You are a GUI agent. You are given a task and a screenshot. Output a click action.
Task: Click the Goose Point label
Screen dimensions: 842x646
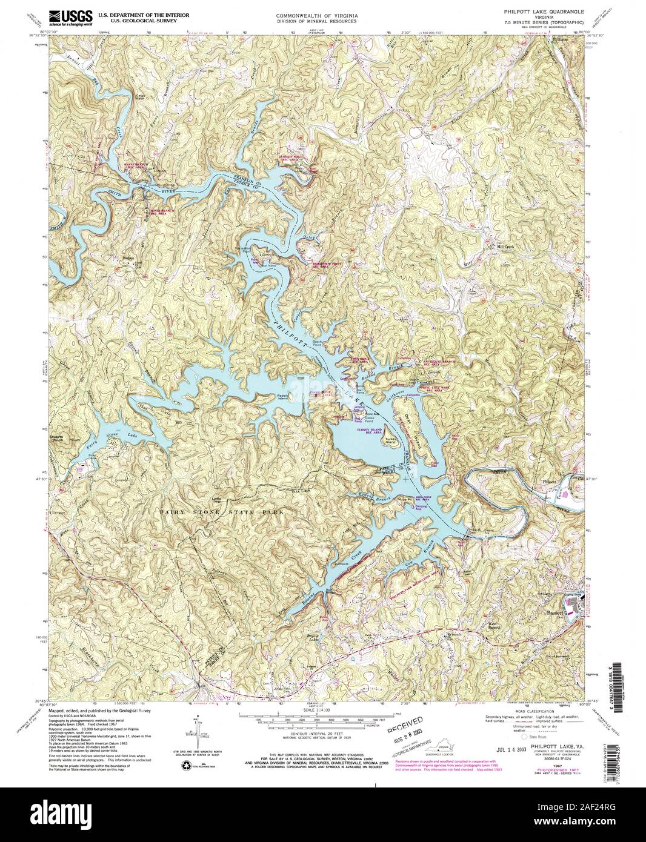[370, 418]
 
